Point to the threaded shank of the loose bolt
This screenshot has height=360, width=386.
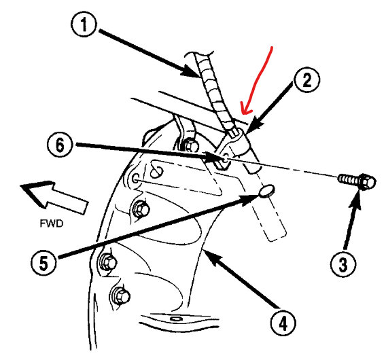(x=348, y=179)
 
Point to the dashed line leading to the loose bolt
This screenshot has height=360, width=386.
(x=292, y=173)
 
